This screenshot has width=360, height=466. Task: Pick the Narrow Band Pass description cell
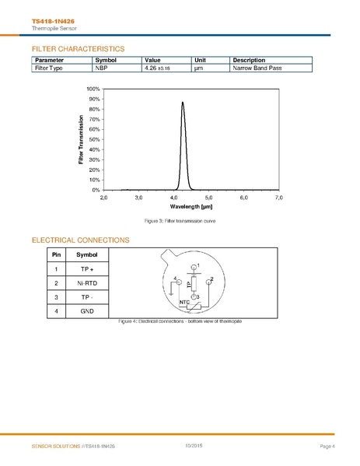pos(256,68)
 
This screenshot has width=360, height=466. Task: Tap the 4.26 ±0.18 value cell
pos(157,68)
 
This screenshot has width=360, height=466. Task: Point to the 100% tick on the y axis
pos(93,89)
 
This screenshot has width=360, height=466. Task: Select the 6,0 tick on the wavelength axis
pos(243,198)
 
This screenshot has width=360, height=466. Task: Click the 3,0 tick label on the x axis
pos(138,198)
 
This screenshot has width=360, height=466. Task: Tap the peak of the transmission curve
pos(183,102)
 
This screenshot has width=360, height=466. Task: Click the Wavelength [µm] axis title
pos(191,207)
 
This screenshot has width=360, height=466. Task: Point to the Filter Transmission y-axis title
pos(81,139)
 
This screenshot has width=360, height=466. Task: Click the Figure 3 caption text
pos(180,222)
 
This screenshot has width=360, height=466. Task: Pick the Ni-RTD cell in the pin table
pos(87,283)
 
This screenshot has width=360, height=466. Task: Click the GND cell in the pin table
pos(87,310)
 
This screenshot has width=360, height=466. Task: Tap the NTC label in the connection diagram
pos(184,301)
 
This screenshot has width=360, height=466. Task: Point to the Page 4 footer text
pos(327,446)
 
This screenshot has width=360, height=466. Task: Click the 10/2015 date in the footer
pos(194,445)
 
